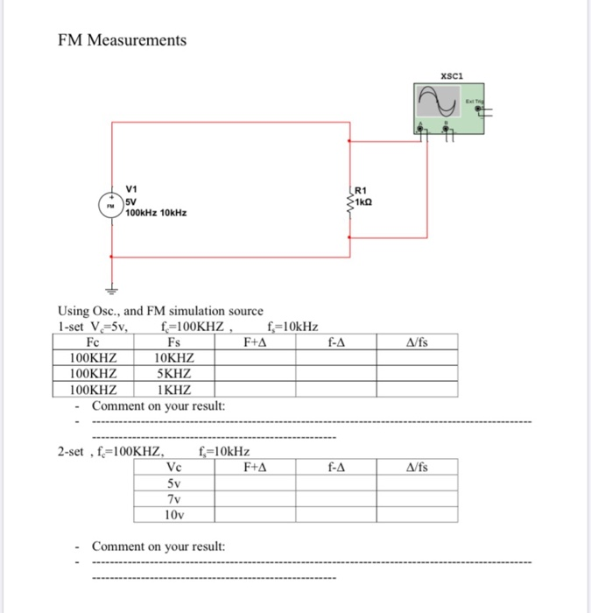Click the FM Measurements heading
click(x=122, y=40)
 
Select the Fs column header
click(x=173, y=342)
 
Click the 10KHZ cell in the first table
click(x=173, y=358)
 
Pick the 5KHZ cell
click(x=173, y=374)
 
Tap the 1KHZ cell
click(x=173, y=390)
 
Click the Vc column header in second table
click(x=173, y=467)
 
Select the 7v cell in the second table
click(x=173, y=498)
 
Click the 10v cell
click(x=173, y=514)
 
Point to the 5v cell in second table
click(x=173, y=483)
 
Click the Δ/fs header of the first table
click(x=418, y=342)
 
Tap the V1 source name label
click(x=132, y=188)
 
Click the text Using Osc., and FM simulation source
click(x=159, y=311)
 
